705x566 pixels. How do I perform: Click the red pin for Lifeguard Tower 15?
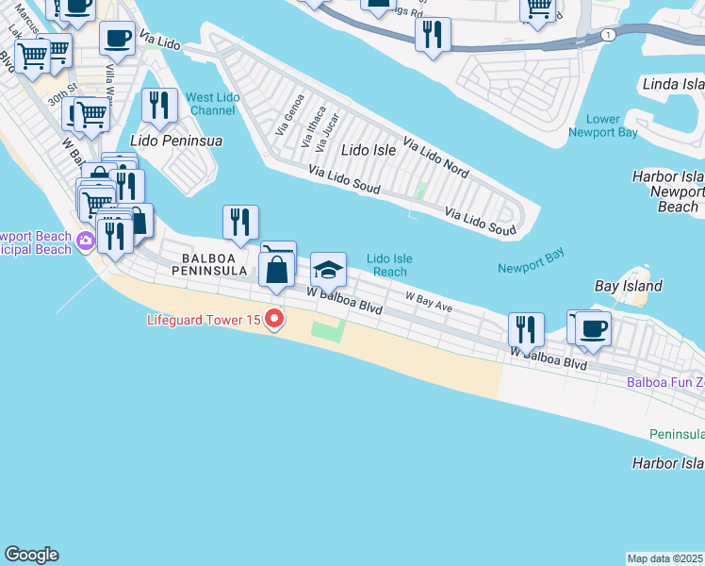pos(274,320)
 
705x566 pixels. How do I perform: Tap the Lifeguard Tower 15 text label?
pos(204,320)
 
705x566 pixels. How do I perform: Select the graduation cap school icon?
pos(329,272)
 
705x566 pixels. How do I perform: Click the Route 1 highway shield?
pos(609,35)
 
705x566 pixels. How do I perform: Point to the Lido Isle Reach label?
pos(389,265)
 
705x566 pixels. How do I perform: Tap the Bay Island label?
pos(629,286)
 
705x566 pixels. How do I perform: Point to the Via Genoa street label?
pos(289,114)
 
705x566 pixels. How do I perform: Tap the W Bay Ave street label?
pos(429,301)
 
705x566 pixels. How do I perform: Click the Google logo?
pos(31,555)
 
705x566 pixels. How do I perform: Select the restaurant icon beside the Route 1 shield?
pos(433,34)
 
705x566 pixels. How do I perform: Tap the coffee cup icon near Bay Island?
pos(594,328)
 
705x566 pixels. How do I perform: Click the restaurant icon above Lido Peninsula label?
pos(159,105)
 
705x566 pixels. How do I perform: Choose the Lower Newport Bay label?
pos(603,125)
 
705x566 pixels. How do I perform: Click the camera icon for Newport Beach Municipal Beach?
pos(86,241)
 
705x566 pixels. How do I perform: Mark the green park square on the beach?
pos(328,330)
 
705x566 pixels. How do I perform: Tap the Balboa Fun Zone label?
pos(665,382)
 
